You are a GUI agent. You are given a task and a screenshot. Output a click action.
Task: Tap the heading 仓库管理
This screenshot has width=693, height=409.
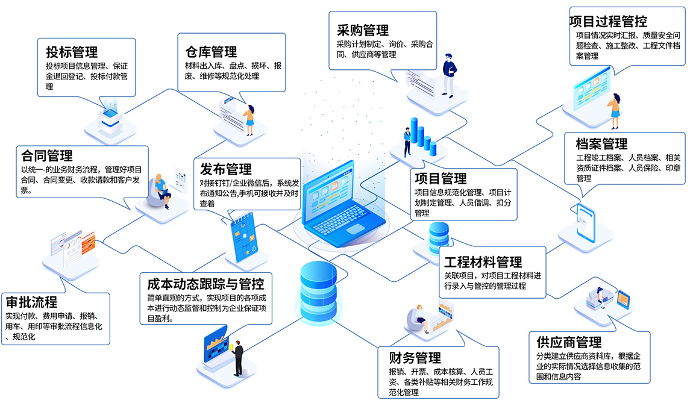211,51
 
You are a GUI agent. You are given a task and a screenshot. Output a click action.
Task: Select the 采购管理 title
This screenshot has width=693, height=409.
363,30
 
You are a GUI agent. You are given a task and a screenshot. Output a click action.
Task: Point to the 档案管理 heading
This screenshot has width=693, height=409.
601,144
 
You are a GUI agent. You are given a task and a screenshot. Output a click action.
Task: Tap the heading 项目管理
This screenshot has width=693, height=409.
441,178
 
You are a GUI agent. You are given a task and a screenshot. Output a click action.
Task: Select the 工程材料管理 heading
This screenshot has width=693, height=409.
483,262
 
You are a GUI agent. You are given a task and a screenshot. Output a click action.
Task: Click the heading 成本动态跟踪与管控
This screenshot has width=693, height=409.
205,283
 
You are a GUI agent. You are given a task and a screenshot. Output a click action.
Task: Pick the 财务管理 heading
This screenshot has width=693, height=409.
415,358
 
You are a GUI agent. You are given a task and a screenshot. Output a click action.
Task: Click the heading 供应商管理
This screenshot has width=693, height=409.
569,342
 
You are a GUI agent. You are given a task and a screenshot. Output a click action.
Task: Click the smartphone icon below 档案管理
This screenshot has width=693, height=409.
585,220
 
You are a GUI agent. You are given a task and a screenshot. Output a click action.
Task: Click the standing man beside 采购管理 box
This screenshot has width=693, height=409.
449,75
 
